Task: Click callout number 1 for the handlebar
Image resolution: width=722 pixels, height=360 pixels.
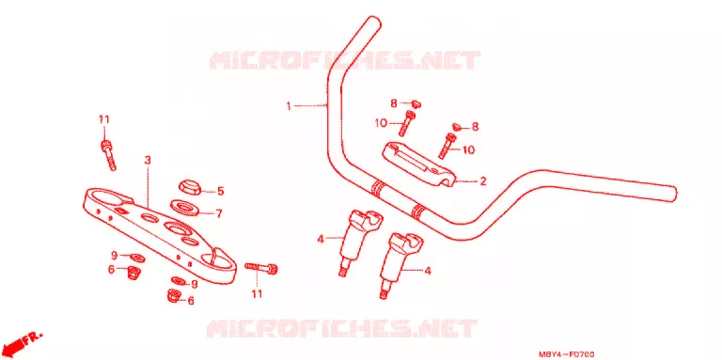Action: pos(289,106)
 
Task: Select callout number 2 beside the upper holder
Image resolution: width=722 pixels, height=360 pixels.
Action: pos(482,181)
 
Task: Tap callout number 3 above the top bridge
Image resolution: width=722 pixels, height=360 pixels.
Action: pos(148,160)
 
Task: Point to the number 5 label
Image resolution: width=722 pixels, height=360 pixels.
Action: pos(220,191)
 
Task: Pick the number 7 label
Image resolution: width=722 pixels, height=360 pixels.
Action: pos(219,213)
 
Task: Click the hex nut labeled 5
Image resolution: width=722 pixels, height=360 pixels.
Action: pos(189,187)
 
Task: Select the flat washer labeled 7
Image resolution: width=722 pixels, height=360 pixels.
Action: pos(184,207)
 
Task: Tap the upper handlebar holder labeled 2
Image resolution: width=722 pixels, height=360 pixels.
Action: pos(419,164)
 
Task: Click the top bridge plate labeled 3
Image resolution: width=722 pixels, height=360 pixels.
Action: pos(160,231)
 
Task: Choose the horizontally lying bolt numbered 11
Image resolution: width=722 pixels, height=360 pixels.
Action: pos(261,268)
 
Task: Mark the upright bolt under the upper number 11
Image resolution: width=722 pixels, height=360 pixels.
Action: pos(108,155)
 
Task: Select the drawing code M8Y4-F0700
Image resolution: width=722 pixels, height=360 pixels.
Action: pos(566,354)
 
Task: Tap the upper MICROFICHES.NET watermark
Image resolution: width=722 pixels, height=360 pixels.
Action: pos(345,60)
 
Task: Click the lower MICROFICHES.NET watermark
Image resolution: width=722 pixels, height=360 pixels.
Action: pos(341,329)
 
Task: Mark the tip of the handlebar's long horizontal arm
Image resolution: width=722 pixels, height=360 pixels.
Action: pos(673,194)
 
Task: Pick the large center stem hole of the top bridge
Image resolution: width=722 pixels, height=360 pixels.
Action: pos(176,227)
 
